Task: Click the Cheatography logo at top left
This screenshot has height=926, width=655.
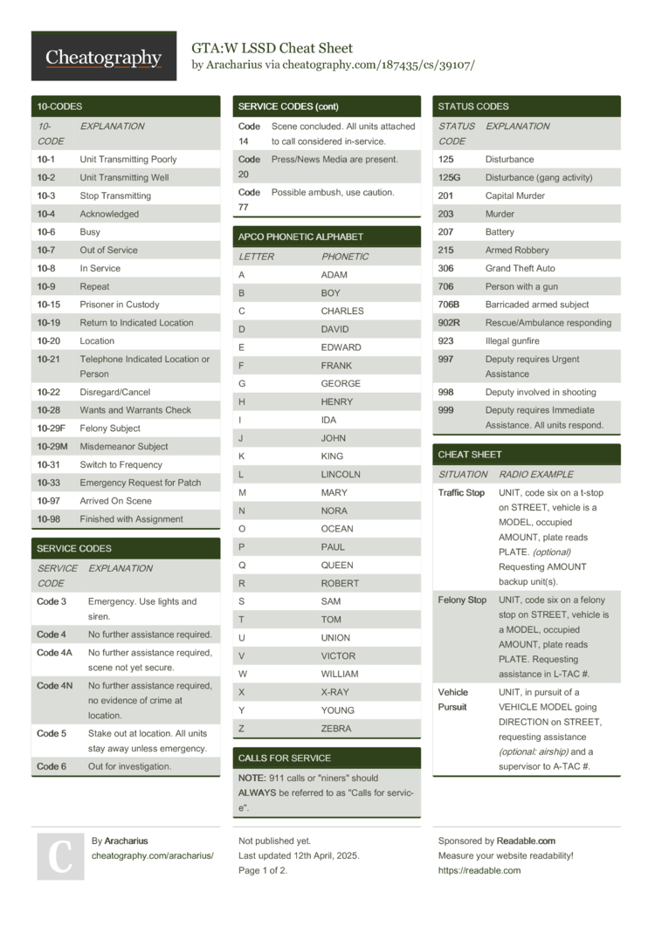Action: coord(103,57)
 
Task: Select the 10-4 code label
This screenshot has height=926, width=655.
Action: coord(46,214)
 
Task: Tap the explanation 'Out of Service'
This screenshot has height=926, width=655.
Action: coord(108,250)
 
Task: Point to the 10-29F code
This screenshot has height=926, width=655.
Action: coord(52,429)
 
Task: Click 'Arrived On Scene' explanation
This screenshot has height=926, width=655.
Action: coord(115,501)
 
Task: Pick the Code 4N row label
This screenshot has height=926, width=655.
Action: coord(55,686)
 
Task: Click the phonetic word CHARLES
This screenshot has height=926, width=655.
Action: coord(342,312)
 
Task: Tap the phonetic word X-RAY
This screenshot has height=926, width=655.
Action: coord(336,692)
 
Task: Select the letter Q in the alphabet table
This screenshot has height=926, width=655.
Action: coord(242,565)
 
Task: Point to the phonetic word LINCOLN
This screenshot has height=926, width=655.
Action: coord(341,475)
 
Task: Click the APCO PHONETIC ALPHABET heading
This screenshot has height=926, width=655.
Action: coord(300,237)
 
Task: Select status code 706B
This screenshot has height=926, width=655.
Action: coord(449,305)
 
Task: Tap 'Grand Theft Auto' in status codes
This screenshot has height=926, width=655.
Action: coord(520,269)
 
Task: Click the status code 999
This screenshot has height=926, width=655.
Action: coord(446,410)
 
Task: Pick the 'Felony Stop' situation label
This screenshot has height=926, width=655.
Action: coord(462,600)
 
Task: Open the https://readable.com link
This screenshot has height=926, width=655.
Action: coord(479,870)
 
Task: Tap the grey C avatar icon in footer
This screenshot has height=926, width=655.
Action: coord(60,856)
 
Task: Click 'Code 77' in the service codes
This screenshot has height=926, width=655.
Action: coord(249,200)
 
